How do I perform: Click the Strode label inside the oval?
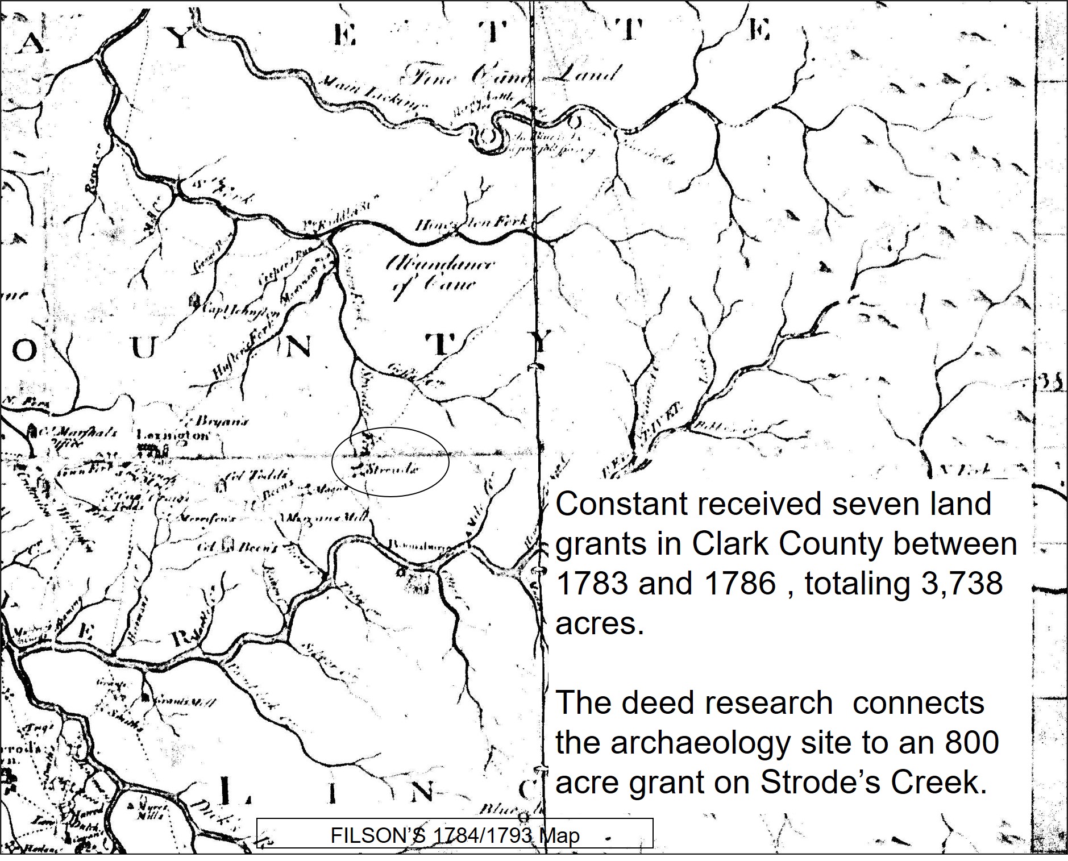392,469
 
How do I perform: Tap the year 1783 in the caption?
592,584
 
